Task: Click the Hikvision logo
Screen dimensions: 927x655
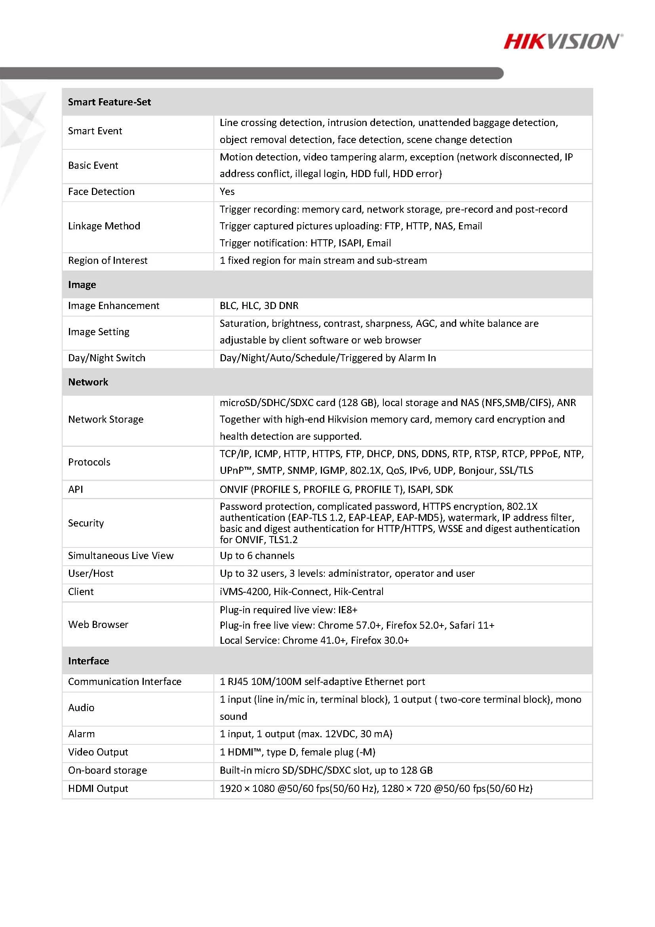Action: (x=563, y=42)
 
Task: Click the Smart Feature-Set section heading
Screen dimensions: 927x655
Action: (x=109, y=102)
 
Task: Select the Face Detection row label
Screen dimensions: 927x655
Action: (x=101, y=191)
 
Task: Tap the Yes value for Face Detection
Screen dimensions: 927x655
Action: (x=227, y=191)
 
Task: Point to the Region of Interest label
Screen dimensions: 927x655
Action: (x=108, y=260)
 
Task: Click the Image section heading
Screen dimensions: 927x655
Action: (x=82, y=285)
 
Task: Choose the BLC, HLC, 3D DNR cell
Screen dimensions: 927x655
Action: (x=259, y=306)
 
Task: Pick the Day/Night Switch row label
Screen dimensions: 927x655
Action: (x=107, y=358)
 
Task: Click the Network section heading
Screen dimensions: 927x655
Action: (x=88, y=382)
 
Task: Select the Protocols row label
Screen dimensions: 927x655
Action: (x=89, y=462)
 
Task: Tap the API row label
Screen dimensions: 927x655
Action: (x=76, y=489)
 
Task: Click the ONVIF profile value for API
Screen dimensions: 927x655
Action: (x=336, y=489)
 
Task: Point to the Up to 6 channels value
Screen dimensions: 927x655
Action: (x=257, y=555)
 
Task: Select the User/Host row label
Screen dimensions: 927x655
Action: (x=91, y=573)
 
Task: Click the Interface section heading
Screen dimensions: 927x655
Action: (x=88, y=661)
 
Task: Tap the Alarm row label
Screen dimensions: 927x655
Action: (x=82, y=734)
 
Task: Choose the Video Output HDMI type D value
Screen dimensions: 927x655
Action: (x=297, y=752)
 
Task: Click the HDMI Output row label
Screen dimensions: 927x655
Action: (x=98, y=788)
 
